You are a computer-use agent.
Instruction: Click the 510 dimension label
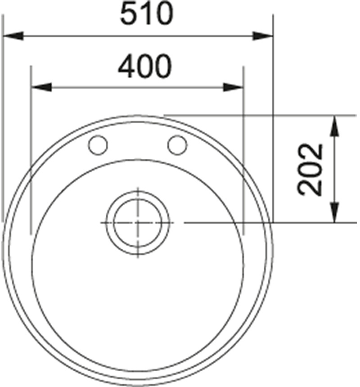(x=146, y=13)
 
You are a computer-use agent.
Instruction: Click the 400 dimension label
(x=144, y=67)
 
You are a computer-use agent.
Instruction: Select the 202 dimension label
(x=310, y=170)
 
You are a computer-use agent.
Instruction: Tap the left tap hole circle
(x=98, y=145)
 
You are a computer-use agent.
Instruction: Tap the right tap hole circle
(x=177, y=145)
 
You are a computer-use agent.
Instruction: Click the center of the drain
(x=138, y=223)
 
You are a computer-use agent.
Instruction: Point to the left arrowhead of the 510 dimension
(x=13, y=36)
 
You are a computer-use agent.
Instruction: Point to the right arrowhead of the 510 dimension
(x=262, y=36)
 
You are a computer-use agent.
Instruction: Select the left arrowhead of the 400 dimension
(x=41, y=87)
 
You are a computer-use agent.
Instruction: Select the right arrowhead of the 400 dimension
(x=233, y=87)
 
